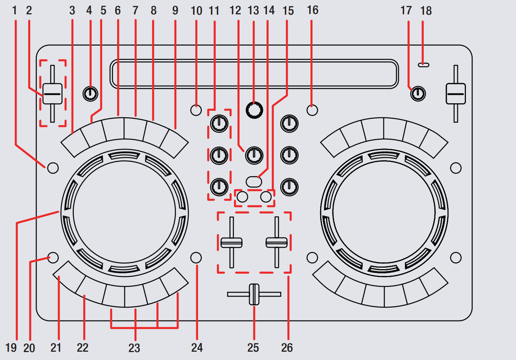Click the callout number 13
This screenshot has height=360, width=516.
coord(253,11)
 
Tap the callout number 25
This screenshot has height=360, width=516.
coord(253,348)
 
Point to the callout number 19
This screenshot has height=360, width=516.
coord(11,348)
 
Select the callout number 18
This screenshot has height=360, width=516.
coord(426,11)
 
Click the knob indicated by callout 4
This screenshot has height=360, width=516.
coord(90,93)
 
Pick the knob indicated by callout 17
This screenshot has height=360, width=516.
coord(418,93)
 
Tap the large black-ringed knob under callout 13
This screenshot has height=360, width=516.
coord(254,110)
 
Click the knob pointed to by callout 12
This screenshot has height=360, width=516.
coord(254,155)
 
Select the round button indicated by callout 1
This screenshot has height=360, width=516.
coord(53,168)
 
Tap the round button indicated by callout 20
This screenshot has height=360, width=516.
coord(53,257)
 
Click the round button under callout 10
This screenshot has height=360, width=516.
coord(196,110)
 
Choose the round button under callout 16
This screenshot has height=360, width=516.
coord(312,110)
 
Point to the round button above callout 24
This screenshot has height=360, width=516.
coord(196,257)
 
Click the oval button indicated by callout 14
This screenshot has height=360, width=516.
coord(254,182)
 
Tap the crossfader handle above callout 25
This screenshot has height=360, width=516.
coord(254,294)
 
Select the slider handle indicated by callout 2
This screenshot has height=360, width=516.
coord(52,93)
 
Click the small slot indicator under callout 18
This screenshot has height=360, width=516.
coord(423,65)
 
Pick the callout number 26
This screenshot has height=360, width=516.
coord(287,348)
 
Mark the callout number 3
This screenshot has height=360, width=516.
coord(72,11)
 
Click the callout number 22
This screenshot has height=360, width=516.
coord(82,348)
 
